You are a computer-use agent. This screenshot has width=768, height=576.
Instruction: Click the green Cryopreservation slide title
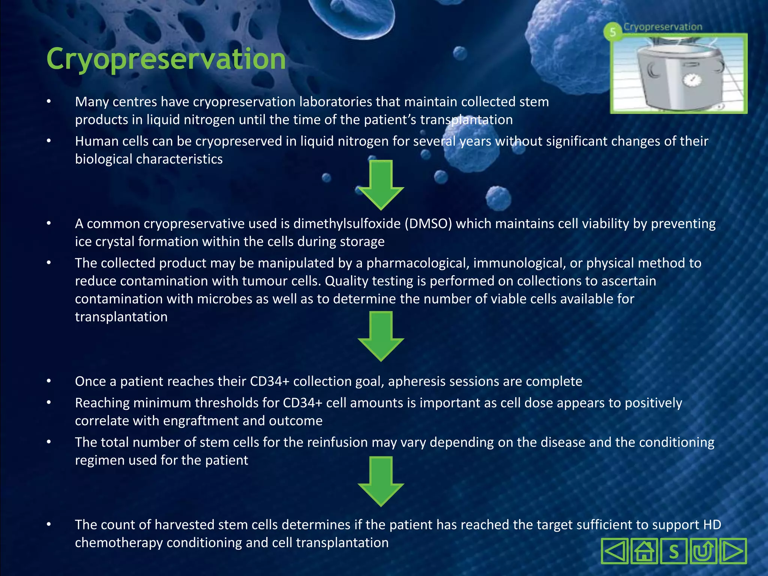point(166,59)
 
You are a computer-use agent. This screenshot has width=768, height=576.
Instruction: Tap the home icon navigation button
point(644,551)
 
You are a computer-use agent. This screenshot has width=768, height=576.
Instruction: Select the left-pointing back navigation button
point(615,551)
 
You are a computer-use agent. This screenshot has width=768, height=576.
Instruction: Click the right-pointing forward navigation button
point(732,551)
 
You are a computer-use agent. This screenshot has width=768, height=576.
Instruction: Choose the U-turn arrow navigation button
point(703,551)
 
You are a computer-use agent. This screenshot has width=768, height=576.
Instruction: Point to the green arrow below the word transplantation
point(381,336)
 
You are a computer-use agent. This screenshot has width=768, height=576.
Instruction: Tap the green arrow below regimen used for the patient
point(381,481)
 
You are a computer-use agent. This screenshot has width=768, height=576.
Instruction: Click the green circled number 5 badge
point(612,32)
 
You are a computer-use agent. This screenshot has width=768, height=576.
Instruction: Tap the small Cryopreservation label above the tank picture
point(663,27)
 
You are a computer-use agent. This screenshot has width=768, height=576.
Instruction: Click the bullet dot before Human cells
point(49,141)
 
